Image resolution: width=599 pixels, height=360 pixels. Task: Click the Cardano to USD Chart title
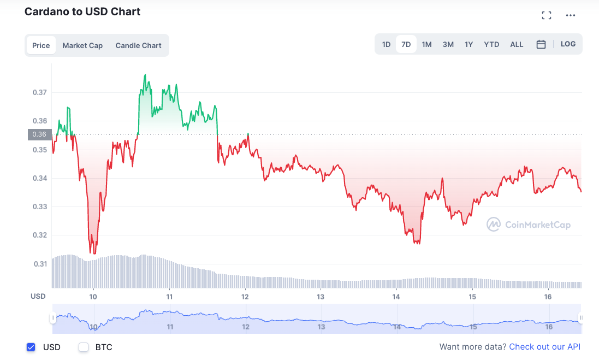pyautogui.click(x=82, y=11)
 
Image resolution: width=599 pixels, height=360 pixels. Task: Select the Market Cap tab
pyautogui.click(x=82, y=45)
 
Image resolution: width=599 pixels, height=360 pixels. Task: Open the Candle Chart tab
pyautogui.click(x=138, y=45)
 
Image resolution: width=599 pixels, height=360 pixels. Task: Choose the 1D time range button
pyautogui.click(x=386, y=44)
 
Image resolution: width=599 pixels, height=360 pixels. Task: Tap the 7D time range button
pyautogui.click(x=406, y=44)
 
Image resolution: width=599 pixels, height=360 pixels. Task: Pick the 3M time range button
pyautogui.click(x=448, y=44)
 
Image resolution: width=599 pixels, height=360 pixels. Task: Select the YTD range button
pyautogui.click(x=491, y=44)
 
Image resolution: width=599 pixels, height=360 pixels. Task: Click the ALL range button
pyautogui.click(x=517, y=44)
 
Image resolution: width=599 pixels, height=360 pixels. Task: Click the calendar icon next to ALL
pyautogui.click(x=541, y=44)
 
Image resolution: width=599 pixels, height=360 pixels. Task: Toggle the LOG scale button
pyautogui.click(x=568, y=44)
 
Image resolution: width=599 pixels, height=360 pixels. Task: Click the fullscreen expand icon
pyautogui.click(x=547, y=15)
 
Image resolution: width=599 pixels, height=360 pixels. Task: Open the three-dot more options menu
pyautogui.click(x=571, y=15)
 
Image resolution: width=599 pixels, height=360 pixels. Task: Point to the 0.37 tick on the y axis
pyautogui.click(x=39, y=92)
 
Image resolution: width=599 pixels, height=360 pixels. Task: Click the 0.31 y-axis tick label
pyautogui.click(x=39, y=264)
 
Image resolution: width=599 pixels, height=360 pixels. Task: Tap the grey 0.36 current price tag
pyautogui.click(x=39, y=134)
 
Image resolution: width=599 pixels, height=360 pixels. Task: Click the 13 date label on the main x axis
pyautogui.click(x=321, y=297)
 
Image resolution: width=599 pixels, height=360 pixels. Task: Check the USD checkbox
pyautogui.click(x=31, y=347)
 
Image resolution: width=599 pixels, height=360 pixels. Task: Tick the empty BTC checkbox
pyautogui.click(x=84, y=347)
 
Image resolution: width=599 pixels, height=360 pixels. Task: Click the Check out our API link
pyautogui.click(x=544, y=347)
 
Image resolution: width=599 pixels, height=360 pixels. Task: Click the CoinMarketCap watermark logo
pyautogui.click(x=529, y=224)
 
